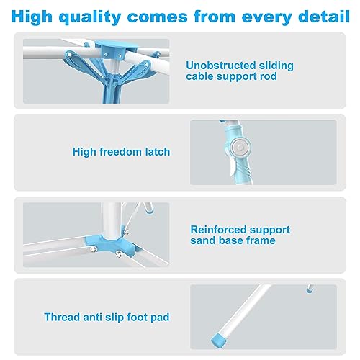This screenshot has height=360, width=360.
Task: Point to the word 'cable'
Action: click(x=202, y=76)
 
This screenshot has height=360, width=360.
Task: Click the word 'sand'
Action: click(x=204, y=240)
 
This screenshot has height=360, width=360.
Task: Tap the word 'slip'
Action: click(x=112, y=316)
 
